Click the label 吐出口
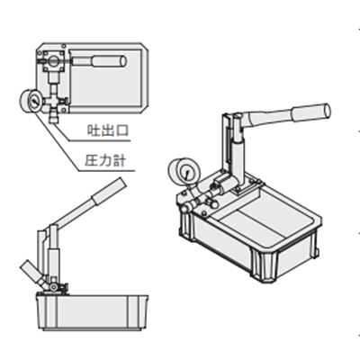[x=108, y=130]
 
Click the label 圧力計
[x=105, y=160]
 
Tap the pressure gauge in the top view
[x=31, y=101]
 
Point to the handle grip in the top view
[x=109, y=61]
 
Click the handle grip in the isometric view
[x=311, y=112]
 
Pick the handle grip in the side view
[x=109, y=191]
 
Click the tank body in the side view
[x=93, y=312]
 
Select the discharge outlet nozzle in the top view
[x=53, y=117]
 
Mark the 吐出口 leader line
[x=90, y=133]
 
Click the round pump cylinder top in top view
[x=54, y=61]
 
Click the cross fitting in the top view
[x=54, y=101]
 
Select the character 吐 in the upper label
[x=93, y=130]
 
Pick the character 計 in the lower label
[x=120, y=161]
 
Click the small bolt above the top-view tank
[x=64, y=46]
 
